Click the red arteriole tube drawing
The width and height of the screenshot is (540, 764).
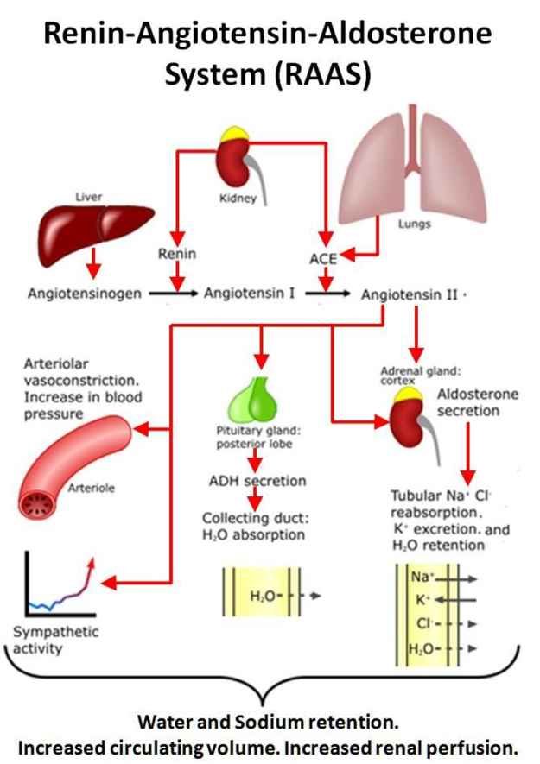coord(73,466)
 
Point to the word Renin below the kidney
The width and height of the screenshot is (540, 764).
coord(177,253)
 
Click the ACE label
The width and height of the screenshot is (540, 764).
coord(323,258)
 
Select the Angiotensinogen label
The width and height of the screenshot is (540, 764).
coord(85,294)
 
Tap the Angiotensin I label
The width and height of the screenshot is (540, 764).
coord(250,293)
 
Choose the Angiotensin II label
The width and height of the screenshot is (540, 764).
coord(410,294)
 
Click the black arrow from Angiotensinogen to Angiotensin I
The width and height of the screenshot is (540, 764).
coord(173,294)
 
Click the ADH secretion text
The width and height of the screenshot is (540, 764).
coord(257,481)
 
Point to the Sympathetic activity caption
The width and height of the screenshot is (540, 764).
coord(55,640)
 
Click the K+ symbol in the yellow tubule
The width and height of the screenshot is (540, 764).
coord(422,599)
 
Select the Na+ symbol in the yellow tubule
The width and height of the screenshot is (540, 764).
coord(422,577)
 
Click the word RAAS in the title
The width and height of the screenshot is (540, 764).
coord(322,74)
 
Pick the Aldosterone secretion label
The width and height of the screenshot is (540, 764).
coord(478,402)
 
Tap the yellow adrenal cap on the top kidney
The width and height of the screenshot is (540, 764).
coord(235,134)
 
